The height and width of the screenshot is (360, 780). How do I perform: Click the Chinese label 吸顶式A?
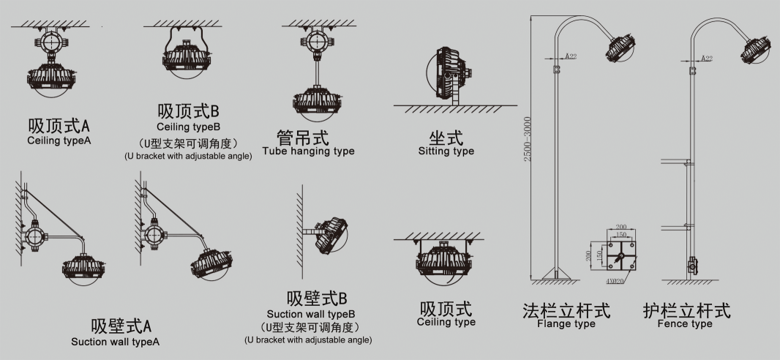pyautogui.click(x=59, y=125)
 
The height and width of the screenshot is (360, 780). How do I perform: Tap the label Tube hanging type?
pyautogui.click(x=308, y=151)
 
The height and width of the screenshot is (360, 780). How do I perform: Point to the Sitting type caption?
pyautogui.click(x=446, y=151)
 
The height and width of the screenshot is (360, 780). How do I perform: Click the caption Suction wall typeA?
pyautogui.click(x=116, y=341)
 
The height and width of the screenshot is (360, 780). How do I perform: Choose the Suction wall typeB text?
pyautogui.click(x=307, y=313)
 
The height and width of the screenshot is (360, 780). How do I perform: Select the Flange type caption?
pyautogui.click(x=566, y=323)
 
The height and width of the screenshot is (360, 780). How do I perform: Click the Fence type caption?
pyautogui.click(x=685, y=323)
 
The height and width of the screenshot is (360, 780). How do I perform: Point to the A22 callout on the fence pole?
pyautogui.click(x=707, y=58)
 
